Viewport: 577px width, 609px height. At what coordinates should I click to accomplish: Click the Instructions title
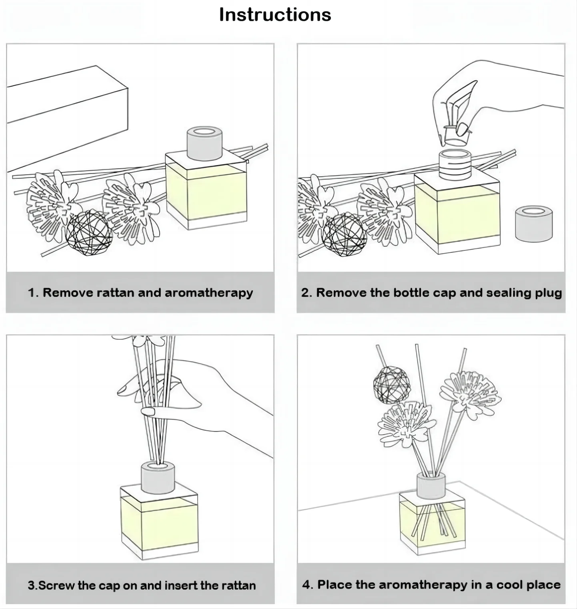tap(275, 15)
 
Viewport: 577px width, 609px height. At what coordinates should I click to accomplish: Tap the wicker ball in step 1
tap(89, 232)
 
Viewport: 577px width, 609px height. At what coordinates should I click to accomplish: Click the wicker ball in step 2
tap(344, 235)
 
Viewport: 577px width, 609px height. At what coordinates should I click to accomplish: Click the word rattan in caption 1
tap(116, 293)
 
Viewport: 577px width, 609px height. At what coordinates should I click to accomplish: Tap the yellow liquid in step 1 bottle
tap(205, 192)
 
